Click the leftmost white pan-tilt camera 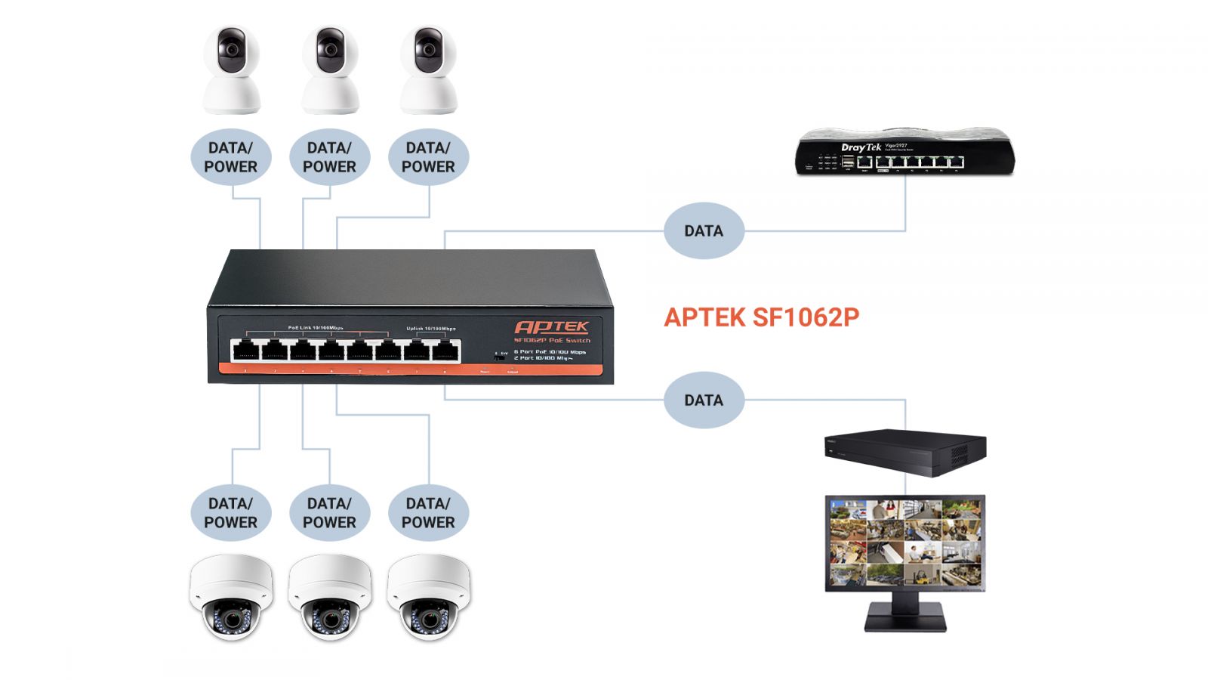232,72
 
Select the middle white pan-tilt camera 330,72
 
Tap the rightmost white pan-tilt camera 428,72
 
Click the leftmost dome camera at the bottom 230,597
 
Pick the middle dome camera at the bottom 329,597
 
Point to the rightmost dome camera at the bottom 428,597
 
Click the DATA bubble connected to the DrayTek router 704,230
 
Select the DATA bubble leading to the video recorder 704,400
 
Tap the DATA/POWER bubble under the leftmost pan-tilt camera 230,157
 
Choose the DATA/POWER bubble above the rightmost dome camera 428,512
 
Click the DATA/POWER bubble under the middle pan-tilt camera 329,157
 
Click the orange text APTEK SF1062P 761,317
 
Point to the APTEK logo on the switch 551,327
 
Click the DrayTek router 905,154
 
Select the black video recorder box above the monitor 905,452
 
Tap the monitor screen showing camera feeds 904,542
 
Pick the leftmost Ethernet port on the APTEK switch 245,351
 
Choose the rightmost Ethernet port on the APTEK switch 445,351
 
